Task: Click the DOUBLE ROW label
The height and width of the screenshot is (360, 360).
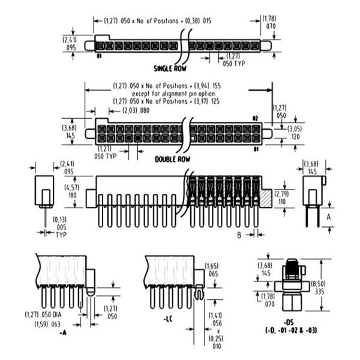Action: click(173, 160)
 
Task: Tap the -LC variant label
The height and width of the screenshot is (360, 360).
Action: click(169, 319)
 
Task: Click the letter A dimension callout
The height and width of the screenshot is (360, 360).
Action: click(328, 217)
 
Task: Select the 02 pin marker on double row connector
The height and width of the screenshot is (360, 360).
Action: click(255, 119)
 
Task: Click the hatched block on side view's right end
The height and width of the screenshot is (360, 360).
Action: click(265, 197)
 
